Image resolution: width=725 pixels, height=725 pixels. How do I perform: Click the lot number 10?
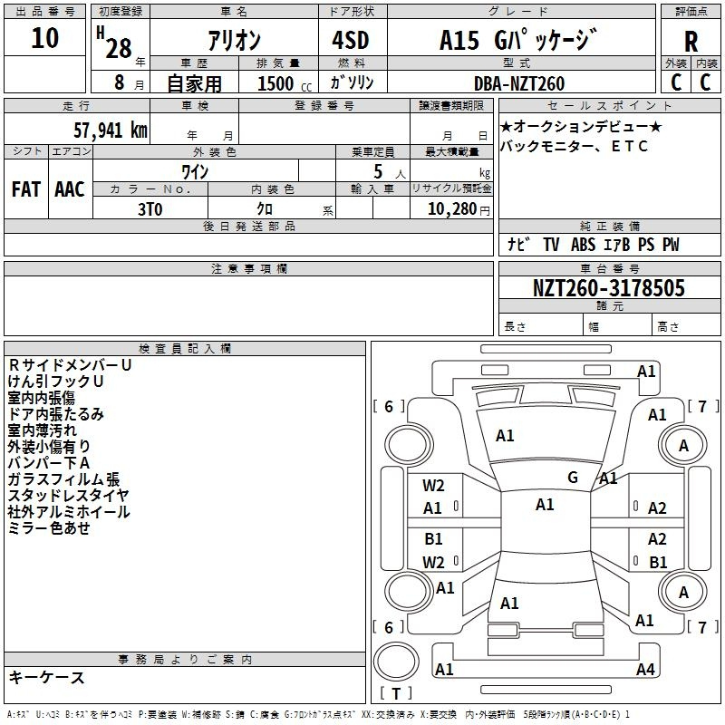(44, 38)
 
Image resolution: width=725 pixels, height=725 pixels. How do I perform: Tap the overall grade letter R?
(691, 42)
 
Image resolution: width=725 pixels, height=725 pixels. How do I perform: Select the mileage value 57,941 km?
(111, 130)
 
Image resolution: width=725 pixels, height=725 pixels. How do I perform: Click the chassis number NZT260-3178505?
(608, 287)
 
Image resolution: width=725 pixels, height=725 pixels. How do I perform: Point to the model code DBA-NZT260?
(518, 83)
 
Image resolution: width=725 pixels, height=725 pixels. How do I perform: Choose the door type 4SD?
(351, 40)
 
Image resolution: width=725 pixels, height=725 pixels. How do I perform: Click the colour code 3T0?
(150, 209)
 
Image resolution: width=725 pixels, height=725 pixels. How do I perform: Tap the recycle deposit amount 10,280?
(452, 209)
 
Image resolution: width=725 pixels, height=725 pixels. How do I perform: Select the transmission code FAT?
(26, 189)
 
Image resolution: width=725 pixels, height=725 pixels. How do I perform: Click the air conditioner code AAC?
(70, 189)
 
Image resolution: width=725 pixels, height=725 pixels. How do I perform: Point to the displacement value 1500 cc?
(285, 84)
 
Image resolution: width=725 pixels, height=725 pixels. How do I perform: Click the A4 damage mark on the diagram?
(645, 669)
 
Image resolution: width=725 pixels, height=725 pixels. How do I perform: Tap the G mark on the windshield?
(573, 477)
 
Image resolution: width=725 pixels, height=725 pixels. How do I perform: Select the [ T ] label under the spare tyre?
(396, 693)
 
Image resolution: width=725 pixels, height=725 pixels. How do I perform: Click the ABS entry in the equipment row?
(583, 245)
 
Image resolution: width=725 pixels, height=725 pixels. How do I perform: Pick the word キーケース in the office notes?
(46, 677)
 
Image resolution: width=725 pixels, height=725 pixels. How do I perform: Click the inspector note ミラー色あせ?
(49, 527)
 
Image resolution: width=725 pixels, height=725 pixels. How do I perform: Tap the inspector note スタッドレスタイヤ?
(69, 495)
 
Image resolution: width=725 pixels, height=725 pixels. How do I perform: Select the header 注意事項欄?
(249, 268)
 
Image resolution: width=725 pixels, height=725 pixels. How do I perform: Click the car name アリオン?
(235, 41)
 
